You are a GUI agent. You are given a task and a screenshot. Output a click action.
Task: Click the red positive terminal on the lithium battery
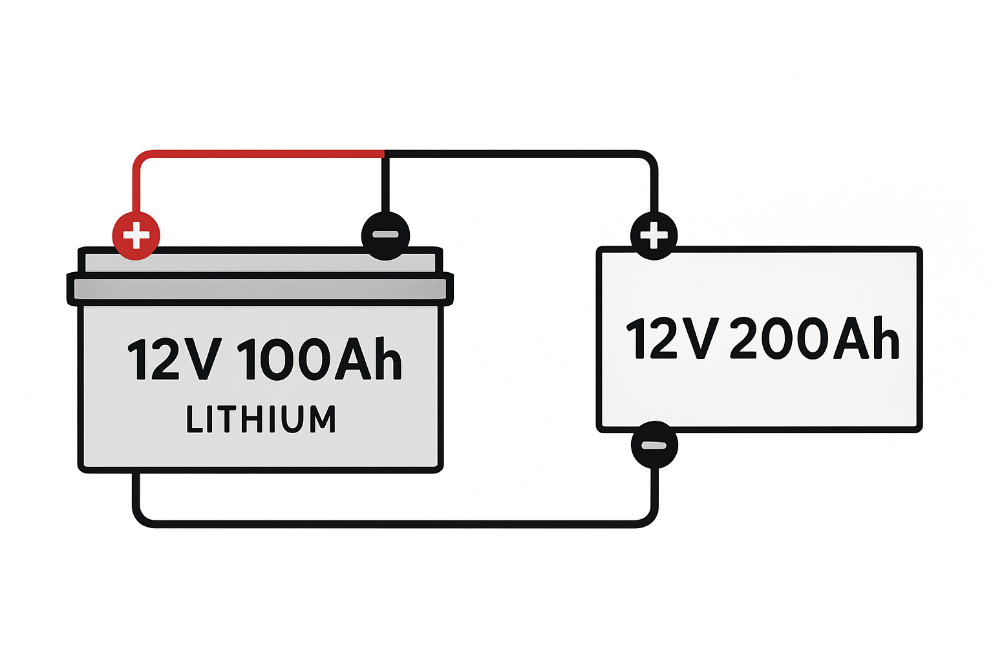click(136, 235)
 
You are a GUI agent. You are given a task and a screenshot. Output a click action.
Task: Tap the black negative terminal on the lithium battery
click(385, 235)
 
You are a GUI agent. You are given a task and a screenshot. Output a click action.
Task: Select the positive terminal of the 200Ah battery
click(654, 235)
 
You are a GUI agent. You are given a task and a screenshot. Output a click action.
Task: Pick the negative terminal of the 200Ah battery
click(654, 445)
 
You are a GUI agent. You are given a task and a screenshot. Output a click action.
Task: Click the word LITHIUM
click(261, 419)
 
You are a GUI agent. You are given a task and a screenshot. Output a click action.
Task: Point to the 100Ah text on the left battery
click(321, 359)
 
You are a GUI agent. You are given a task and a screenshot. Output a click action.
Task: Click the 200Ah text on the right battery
click(815, 338)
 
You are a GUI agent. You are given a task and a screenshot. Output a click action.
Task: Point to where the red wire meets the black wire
click(385, 154)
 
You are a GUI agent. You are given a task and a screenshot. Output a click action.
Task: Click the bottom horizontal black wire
click(394, 524)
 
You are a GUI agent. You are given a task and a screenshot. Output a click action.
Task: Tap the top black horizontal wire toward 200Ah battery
click(517, 154)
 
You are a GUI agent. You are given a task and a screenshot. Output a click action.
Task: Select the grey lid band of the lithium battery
click(260, 289)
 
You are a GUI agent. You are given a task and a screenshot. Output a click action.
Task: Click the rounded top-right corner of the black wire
click(649, 160)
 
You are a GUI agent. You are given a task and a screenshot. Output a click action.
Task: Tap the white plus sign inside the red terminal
click(136, 235)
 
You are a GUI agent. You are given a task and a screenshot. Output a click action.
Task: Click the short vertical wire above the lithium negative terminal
click(385, 184)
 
